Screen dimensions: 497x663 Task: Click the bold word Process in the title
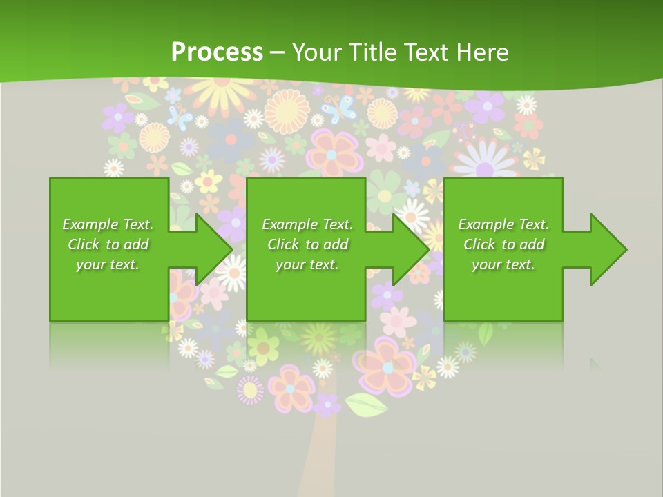[217, 52]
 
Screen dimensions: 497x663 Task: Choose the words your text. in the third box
[503, 264]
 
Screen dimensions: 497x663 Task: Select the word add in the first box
[136, 244]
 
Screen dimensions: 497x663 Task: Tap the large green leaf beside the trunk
[366, 404]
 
